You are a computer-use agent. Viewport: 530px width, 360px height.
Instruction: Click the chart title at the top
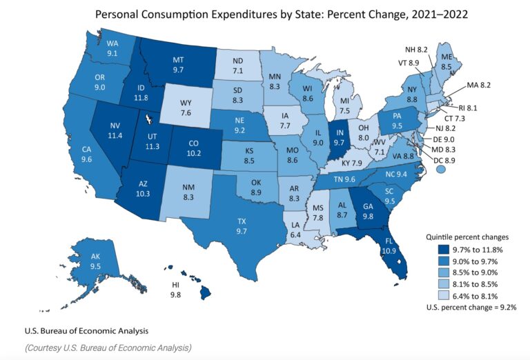[x=264, y=14]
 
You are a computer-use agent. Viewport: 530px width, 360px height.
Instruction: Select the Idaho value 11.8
[x=141, y=98]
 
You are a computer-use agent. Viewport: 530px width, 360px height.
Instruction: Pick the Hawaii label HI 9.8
[x=175, y=290]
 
